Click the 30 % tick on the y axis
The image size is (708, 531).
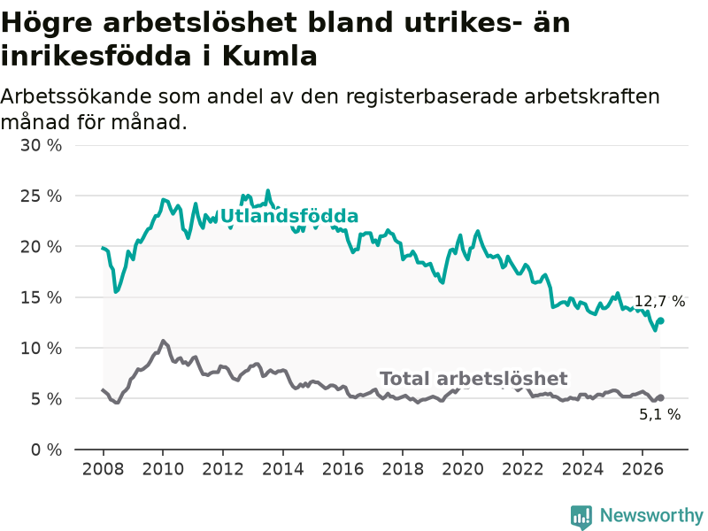pos(41,145)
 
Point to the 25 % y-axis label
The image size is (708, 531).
pos(41,196)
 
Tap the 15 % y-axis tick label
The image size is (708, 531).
pos(41,297)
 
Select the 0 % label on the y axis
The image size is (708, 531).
pos(47,450)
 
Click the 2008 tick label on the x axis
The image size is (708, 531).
pos(103,469)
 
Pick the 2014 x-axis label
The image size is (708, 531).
pos(283,469)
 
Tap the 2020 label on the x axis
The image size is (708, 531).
pos(463,469)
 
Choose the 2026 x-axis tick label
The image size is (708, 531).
pos(643,469)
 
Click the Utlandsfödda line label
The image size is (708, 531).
pos(289,216)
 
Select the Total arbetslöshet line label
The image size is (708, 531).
pos(473,379)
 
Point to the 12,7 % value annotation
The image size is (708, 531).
pos(659,301)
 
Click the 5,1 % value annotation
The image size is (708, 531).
pos(659,414)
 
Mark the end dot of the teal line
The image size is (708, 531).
pos(660,320)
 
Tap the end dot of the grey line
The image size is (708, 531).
pos(660,397)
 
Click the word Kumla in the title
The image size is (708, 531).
pos(270,57)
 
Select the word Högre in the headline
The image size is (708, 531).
pos(48,23)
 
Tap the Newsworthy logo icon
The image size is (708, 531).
pos(581,517)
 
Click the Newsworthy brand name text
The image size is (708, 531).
pos(651,515)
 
